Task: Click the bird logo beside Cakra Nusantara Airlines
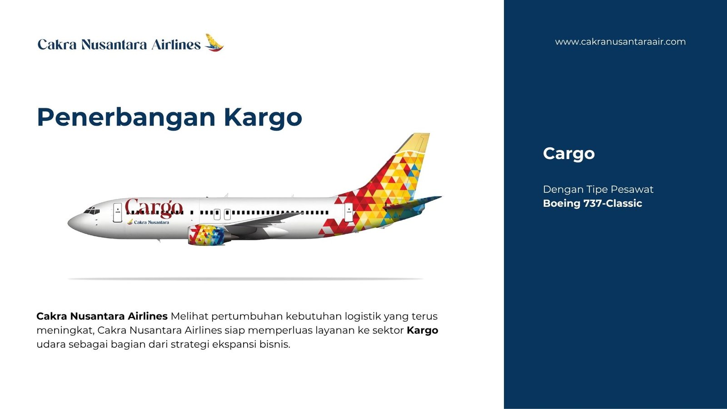[x=214, y=43]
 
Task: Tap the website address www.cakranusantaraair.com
[x=620, y=42]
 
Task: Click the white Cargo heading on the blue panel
[x=568, y=154]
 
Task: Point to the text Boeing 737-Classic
[x=593, y=203]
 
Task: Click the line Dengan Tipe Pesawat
[x=598, y=189]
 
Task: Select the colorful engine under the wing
[x=207, y=234]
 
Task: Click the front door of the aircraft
[x=118, y=213]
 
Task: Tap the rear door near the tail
[x=349, y=213]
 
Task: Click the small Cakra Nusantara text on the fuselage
[x=151, y=222]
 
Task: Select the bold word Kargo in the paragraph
[x=422, y=330]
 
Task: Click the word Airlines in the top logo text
[x=176, y=45]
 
